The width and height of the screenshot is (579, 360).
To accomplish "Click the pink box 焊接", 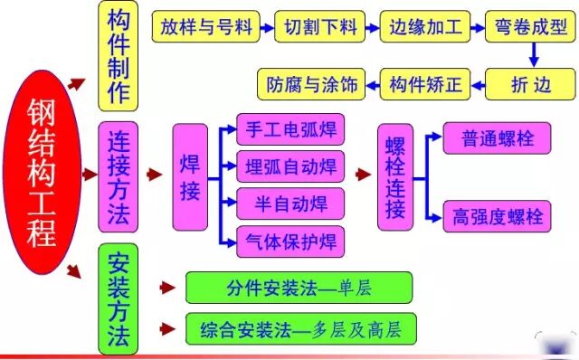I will pyautogui.click(x=190, y=179).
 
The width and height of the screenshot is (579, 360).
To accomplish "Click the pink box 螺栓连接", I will pyautogui.click(x=394, y=178).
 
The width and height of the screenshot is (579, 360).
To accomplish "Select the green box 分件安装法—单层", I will pyautogui.click(x=299, y=288).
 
